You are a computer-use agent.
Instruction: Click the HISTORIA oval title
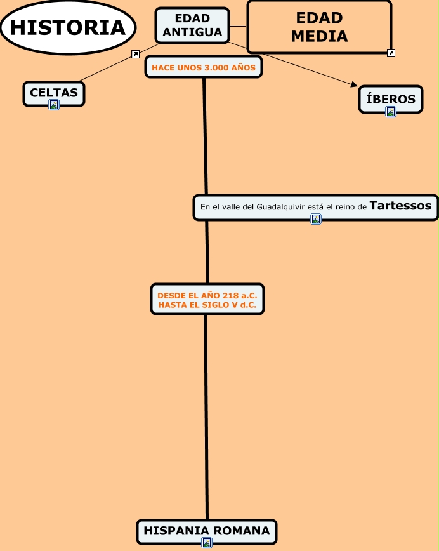[x=68, y=27]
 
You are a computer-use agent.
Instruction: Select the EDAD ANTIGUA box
[x=192, y=25]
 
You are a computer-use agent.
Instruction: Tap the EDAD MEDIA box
[x=318, y=27]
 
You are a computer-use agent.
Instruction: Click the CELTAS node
[x=54, y=93]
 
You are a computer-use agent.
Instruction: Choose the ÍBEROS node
[x=391, y=99]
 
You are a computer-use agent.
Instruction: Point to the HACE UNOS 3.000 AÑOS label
[x=204, y=67]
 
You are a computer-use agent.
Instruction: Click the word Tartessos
[x=400, y=206]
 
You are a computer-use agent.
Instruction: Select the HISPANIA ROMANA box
[x=207, y=531]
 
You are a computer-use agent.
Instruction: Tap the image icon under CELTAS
[x=54, y=105]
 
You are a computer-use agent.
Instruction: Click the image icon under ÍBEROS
[x=391, y=112]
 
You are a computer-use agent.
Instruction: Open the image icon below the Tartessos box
[x=316, y=219]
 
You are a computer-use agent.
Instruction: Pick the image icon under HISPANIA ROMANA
[x=207, y=543]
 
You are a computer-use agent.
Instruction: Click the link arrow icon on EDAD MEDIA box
[x=391, y=53]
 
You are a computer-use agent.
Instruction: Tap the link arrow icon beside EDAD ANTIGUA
[x=135, y=55]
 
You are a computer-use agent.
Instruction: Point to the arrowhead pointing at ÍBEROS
[x=354, y=84]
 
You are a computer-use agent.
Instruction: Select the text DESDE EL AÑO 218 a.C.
[x=207, y=295]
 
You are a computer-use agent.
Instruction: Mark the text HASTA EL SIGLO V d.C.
[x=207, y=305]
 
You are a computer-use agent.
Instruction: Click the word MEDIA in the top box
[x=319, y=36]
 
